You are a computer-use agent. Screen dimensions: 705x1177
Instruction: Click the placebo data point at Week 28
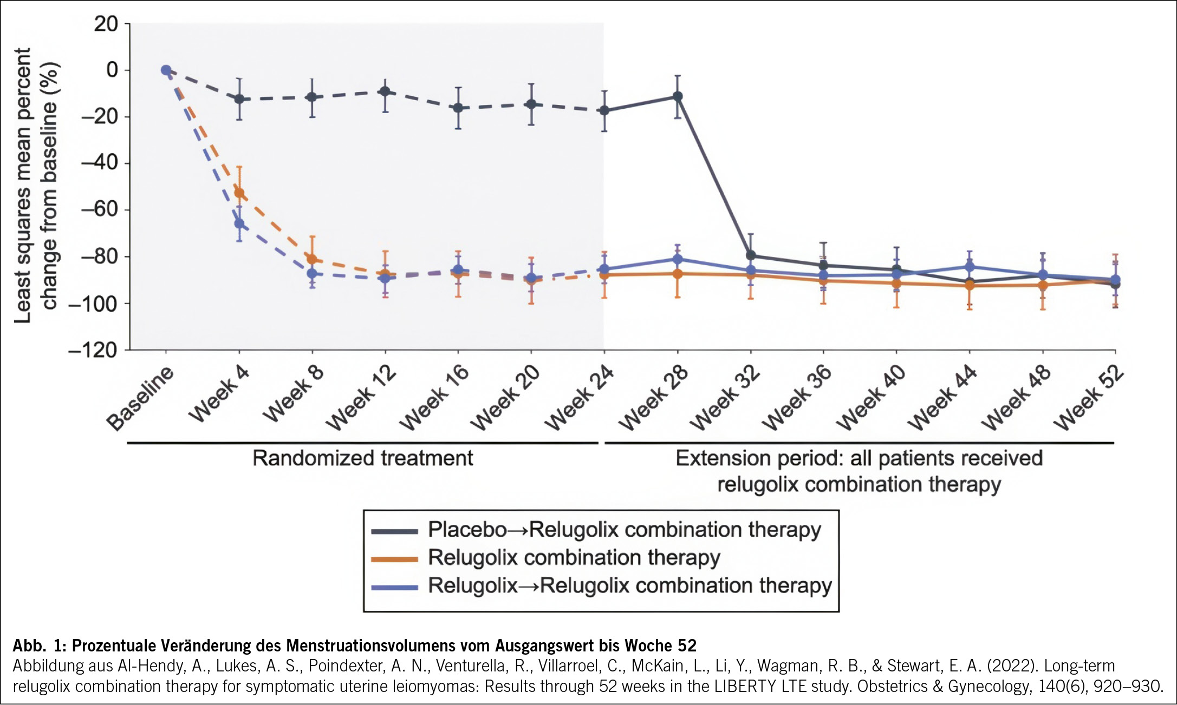(678, 96)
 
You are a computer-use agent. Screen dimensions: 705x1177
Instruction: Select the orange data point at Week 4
(239, 193)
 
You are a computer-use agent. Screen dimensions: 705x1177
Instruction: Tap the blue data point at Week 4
(239, 223)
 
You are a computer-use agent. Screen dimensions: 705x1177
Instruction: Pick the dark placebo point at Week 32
(751, 255)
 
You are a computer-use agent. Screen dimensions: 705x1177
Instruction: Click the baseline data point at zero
(166, 70)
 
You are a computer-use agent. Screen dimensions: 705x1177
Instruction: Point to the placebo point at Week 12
(385, 91)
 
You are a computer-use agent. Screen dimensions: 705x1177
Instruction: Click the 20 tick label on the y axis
(106, 24)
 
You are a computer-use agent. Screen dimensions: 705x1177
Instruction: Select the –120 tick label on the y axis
(93, 351)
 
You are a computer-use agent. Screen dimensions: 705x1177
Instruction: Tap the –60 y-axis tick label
(99, 209)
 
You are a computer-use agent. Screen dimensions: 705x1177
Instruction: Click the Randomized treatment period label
(362, 458)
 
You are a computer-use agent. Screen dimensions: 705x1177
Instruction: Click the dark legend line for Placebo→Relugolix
(394, 531)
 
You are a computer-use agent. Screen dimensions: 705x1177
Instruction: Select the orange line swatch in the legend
(394, 559)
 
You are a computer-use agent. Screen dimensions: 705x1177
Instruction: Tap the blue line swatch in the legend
(394, 587)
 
